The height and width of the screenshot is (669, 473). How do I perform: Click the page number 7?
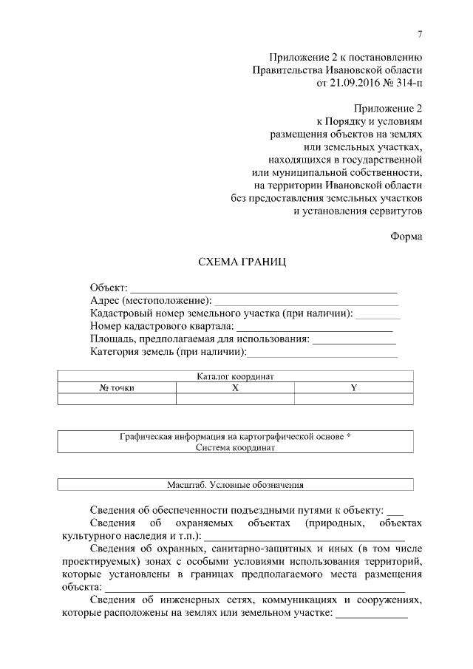(x=419, y=33)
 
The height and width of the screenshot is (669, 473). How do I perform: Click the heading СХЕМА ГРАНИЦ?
(x=236, y=262)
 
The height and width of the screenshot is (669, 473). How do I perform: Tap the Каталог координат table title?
(x=236, y=376)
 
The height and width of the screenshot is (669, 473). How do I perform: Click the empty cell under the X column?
(x=235, y=399)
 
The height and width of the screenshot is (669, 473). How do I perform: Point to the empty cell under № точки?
(x=117, y=399)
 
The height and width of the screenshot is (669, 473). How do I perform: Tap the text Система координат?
(x=236, y=448)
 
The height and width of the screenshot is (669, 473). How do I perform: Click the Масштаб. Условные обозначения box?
(x=236, y=486)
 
